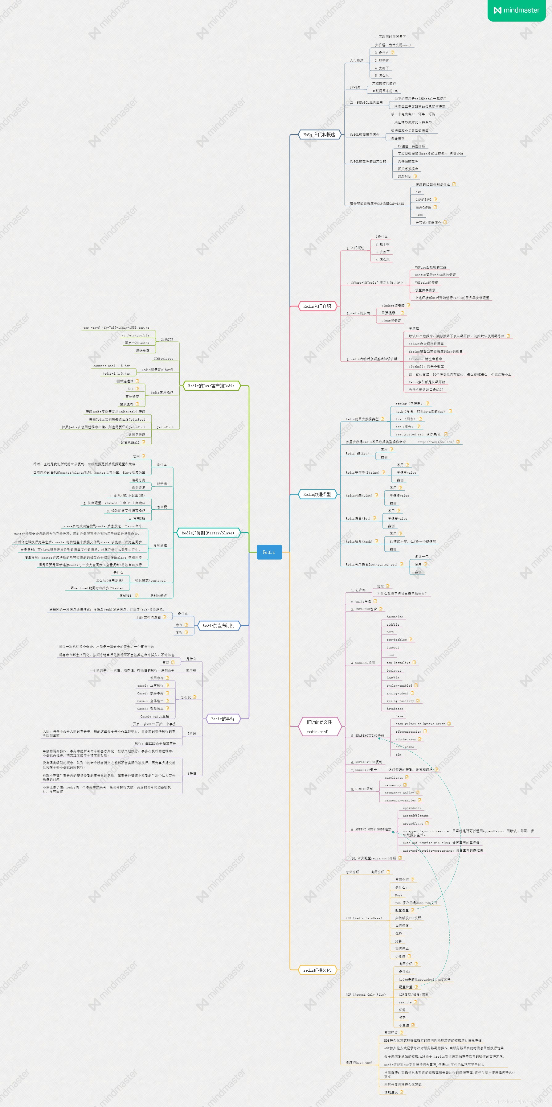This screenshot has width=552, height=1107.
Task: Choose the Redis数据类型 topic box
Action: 317,495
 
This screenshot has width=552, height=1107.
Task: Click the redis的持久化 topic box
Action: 317,970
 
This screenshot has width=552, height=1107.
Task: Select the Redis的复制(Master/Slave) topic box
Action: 207,533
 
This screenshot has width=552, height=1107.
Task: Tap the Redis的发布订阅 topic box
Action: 218,626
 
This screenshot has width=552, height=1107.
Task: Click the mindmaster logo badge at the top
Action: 516,10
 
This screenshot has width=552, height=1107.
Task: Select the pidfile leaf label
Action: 393,624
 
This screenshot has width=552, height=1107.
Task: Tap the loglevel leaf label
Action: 394,670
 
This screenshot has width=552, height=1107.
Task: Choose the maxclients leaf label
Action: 394,777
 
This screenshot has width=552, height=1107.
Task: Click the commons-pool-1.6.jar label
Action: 111,366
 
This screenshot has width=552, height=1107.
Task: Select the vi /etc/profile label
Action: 135,335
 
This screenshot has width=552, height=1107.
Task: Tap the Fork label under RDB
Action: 399,895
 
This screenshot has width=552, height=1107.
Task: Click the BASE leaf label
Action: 419,215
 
